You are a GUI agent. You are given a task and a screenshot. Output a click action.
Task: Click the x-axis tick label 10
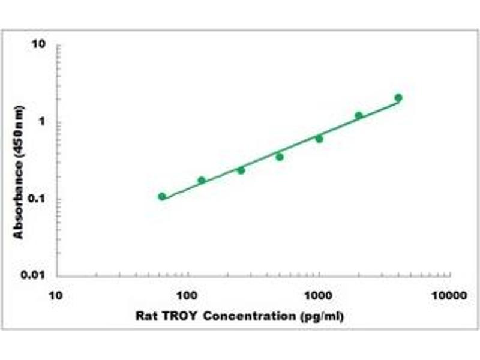[x=56, y=295]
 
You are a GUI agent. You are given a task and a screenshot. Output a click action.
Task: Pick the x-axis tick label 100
[x=188, y=295]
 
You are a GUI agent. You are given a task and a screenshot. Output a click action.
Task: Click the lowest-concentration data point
[x=162, y=197]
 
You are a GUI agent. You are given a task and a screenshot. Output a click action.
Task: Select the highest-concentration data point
[x=398, y=98]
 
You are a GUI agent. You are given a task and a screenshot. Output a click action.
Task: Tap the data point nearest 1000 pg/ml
[x=319, y=139]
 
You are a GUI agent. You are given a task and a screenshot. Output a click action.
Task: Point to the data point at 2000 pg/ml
[x=359, y=116]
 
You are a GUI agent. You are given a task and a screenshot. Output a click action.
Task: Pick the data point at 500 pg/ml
[x=280, y=157]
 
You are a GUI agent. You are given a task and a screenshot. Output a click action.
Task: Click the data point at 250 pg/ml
[x=241, y=170]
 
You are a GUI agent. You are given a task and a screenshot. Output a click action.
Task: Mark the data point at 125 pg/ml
[x=202, y=180]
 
